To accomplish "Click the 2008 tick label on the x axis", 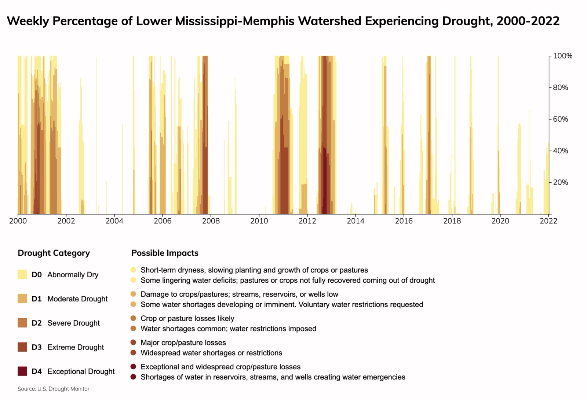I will pyautogui.click(x=211, y=221).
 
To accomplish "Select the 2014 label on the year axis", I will pyautogui.click(x=356, y=221).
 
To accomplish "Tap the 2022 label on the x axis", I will pyautogui.click(x=548, y=221).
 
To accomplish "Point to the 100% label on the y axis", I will pyautogui.click(x=563, y=56).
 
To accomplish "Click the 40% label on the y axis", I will pyautogui.click(x=561, y=151).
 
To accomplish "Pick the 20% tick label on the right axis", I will pyautogui.click(x=561, y=182).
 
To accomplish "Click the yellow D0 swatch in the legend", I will pyautogui.click(x=22, y=274).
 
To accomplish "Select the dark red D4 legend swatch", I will pyautogui.click(x=22, y=371).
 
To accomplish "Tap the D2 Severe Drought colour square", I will pyautogui.click(x=22, y=323).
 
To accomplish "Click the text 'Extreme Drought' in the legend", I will pyautogui.click(x=76, y=347).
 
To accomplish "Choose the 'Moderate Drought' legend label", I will pyautogui.click(x=77, y=299).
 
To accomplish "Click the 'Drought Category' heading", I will pyautogui.click(x=54, y=253).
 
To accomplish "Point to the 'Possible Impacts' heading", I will pyautogui.click(x=165, y=253).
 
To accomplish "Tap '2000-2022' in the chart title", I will pyautogui.click(x=528, y=21).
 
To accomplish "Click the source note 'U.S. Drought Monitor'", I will pyautogui.click(x=63, y=389).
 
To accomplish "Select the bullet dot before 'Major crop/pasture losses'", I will pyautogui.click(x=133, y=342).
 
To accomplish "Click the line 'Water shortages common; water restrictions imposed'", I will pyautogui.click(x=228, y=329).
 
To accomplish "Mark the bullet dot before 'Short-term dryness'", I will pyautogui.click(x=133, y=270).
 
